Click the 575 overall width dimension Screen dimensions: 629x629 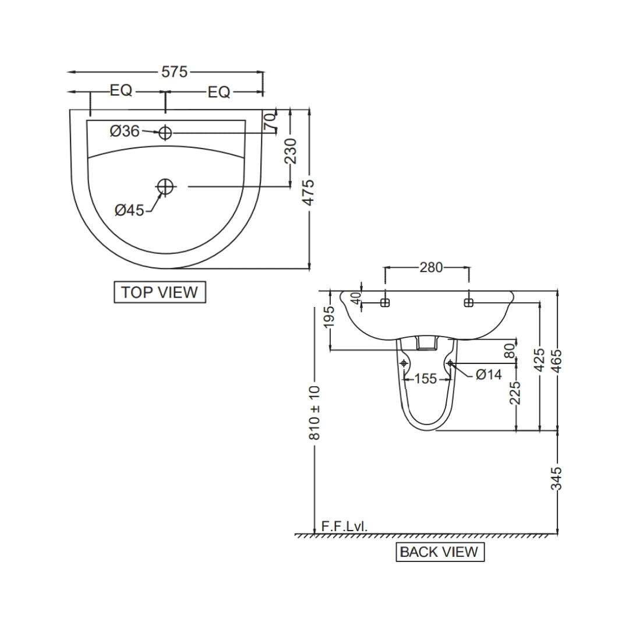point(175,72)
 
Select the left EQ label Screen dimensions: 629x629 point(121,91)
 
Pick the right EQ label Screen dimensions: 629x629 point(219,93)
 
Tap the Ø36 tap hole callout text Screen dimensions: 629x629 point(125,131)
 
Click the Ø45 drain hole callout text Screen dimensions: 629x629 point(129,210)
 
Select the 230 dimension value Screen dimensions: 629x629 point(291,151)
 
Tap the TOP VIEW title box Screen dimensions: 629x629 point(160,292)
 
